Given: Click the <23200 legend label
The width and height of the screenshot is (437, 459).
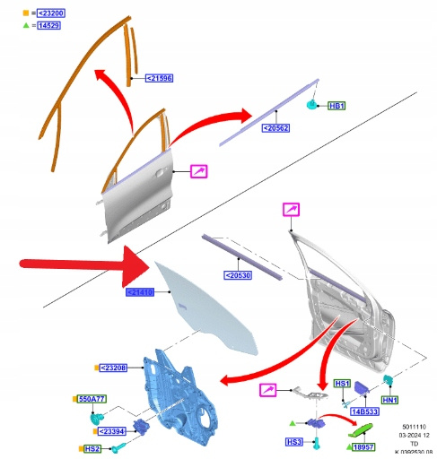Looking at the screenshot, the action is [51, 13].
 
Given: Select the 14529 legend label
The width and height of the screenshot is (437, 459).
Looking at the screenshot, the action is [49, 25].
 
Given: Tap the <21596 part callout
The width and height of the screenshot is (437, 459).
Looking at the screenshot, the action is [159, 78].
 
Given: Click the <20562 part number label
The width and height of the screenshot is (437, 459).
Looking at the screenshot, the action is [275, 128].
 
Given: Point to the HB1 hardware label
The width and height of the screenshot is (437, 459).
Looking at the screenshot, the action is [336, 106].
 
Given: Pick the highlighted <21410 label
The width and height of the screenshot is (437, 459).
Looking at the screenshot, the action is [140, 292].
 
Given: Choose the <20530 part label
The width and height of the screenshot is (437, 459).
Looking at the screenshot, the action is [238, 275].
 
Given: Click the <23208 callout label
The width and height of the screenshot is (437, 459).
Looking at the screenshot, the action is [113, 368].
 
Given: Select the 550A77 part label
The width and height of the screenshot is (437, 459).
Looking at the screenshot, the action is [92, 399].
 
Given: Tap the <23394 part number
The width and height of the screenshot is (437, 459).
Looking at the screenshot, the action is [111, 431].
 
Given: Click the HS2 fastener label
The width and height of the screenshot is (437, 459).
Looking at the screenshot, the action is [92, 449].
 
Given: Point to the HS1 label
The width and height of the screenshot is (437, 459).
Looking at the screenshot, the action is [342, 384].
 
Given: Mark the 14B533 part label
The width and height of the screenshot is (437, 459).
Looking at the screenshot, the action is [365, 411].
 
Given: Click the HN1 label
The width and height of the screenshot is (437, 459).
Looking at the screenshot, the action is [390, 400].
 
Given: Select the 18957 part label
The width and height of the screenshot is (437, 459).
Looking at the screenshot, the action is [363, 447].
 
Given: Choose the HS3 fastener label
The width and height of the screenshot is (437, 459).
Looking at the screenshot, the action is [294, 442].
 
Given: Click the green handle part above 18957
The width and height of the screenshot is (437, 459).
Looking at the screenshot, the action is [361, 430].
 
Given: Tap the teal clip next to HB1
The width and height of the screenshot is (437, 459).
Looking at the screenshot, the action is [312, 104].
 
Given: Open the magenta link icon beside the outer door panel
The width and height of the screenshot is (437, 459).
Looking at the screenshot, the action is [199, 171].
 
